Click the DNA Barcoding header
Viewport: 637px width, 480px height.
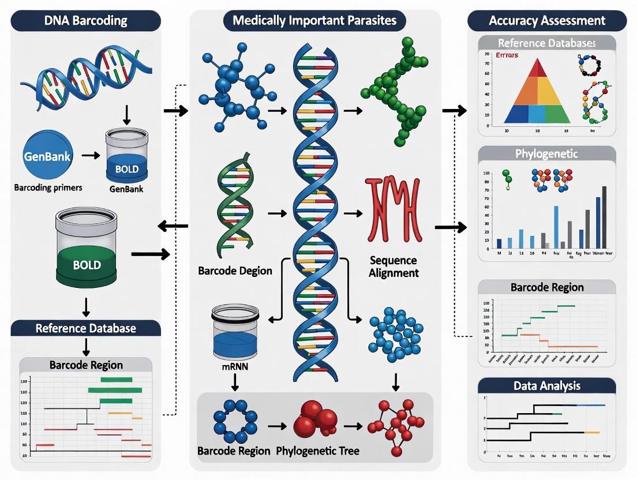(x=86, y=21)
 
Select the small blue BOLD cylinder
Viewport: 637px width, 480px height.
(x=126, y=155)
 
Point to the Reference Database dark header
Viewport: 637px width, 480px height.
(x=86, y=328)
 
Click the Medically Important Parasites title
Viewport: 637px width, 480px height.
(x=315, y=21)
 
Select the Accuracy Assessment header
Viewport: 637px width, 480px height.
(x=547, y=21)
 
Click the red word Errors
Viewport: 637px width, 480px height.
(x=505, y=55)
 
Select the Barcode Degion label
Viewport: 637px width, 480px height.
(x=235, y=271)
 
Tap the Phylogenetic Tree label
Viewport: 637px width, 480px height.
(x=309, y=451)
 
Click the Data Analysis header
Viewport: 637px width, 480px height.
(x=547, y=385)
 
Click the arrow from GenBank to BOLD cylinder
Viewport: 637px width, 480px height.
(x=91, y=155)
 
